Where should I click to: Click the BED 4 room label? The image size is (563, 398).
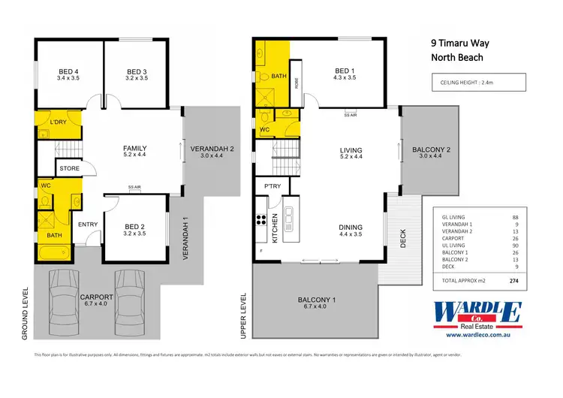pos(69,73)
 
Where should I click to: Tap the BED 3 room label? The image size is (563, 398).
pos(136,73)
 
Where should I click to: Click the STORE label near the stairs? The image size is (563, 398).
pos(70,169)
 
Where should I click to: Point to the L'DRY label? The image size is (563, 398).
pos(59,122)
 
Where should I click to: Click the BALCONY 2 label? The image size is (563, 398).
pos(431,150)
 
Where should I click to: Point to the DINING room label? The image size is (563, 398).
pos(350,227)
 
